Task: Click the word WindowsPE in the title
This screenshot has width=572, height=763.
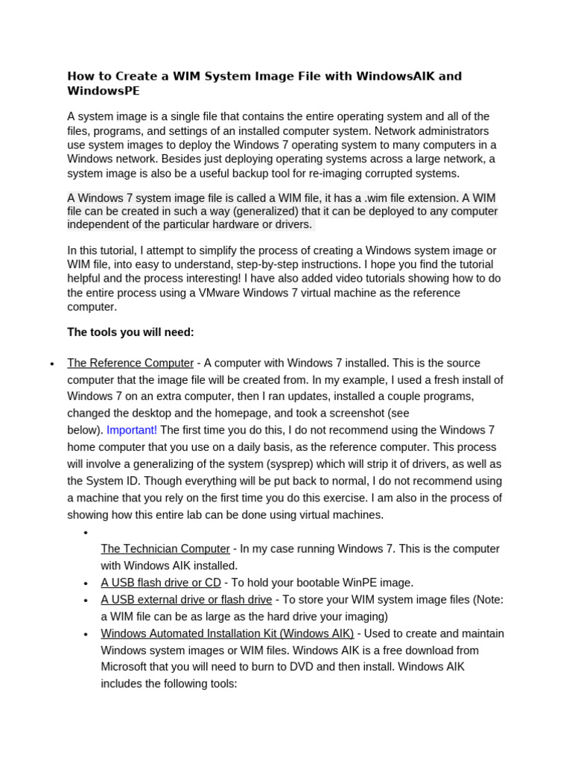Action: point(104,91)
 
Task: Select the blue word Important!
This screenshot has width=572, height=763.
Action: point(132,430)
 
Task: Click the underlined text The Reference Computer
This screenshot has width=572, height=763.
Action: point(130,363)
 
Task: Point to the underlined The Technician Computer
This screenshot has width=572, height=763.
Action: point(165,548)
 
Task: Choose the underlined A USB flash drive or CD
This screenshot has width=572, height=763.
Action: point(161,583)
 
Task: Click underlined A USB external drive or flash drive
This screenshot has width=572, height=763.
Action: point(186,600)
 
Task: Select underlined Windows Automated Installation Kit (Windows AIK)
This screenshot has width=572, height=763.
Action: point(227,633)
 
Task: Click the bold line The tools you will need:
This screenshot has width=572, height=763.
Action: point(130,332)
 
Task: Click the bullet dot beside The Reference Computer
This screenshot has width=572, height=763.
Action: point(51,364)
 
